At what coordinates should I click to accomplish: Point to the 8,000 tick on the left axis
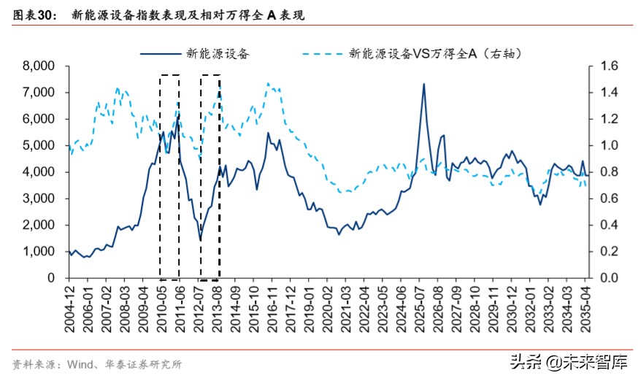point(40,66)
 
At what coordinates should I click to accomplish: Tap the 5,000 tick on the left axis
point(40,145)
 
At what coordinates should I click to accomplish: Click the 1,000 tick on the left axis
point(40,251)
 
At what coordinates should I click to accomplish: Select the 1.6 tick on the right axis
point(607,66)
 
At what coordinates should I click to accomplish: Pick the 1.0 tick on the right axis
point(607,145)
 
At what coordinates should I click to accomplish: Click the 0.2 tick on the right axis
point(607,251)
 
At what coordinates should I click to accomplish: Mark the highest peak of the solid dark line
point(423,84)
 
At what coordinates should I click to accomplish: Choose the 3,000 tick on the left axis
point(40,199)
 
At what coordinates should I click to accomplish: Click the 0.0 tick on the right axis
point(607,278)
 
